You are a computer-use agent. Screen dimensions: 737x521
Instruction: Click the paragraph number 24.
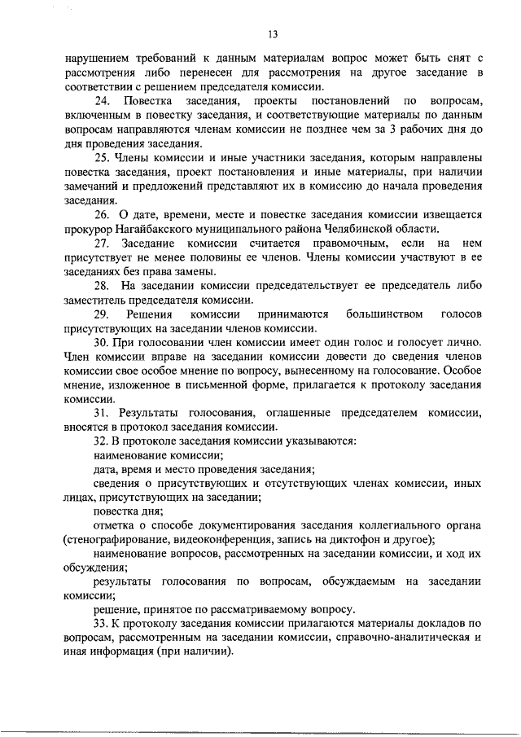(102, 102)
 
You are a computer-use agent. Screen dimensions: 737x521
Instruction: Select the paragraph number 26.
(102, 214)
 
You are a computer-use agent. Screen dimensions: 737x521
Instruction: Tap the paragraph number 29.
(102, 314)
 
